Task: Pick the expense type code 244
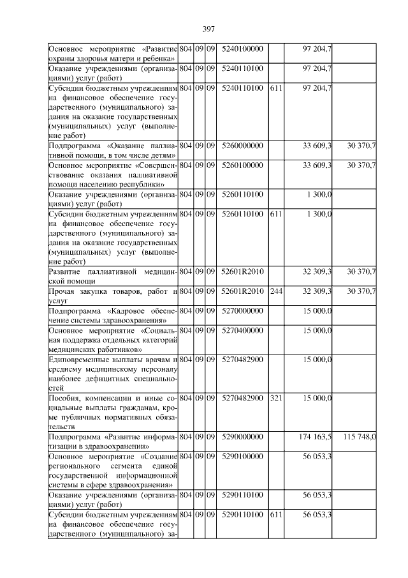(275, 292)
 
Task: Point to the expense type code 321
(275, 399)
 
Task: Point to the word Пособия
(63, 399)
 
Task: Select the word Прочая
(62, 292)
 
